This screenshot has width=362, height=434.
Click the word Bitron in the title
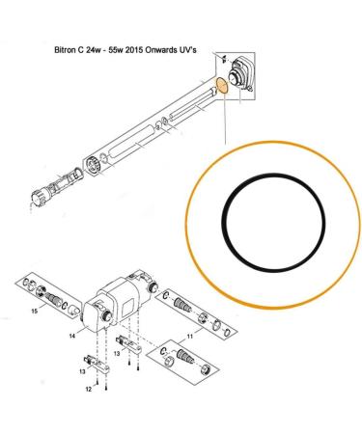(x=63, y=50)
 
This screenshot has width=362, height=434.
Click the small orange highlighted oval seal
(x=222, y=86)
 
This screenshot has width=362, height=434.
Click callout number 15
(x=35, y=311)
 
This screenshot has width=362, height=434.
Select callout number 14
(x=72, y=336)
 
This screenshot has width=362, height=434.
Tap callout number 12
(x=89, y=389)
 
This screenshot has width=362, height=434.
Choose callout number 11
(x=190, y=337)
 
